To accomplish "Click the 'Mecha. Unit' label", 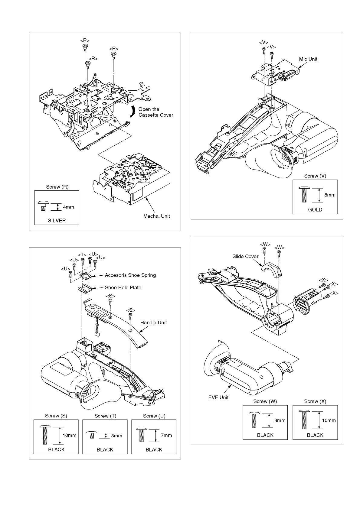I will click(156, 216).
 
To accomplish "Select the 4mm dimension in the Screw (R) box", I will click(68, 207).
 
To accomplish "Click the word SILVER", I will click(57, 221).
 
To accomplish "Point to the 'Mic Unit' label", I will click(308, 59).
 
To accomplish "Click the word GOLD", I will click(315, 210).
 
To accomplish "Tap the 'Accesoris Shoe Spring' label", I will click(130, 275).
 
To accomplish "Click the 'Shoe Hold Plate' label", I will click(123, 287).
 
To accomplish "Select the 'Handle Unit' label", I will click(153, 323).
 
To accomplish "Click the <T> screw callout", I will click(82, 255).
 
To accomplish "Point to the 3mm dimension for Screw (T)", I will click(116, 436).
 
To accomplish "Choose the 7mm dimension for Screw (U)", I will click(166, 435).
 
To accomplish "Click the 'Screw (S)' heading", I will click(56, 416).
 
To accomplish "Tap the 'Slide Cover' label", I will click(245, 256).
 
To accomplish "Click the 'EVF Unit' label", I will click(218, 397).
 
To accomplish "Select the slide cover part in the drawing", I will click(271, 269).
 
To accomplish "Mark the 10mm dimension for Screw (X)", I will click(329, 420).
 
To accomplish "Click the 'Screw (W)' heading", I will click(265, 401).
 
